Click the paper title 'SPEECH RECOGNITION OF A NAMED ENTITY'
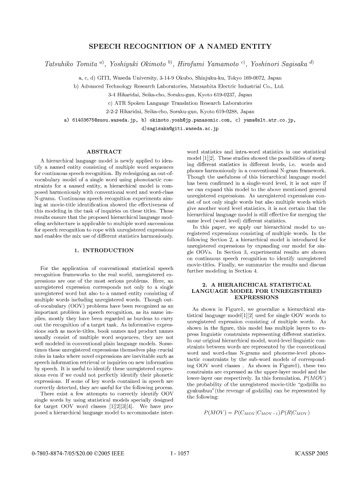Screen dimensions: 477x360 click(180, 46)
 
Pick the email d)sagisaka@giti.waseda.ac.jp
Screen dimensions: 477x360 click(180, 128)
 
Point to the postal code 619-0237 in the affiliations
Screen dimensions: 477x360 click(218, 94)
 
